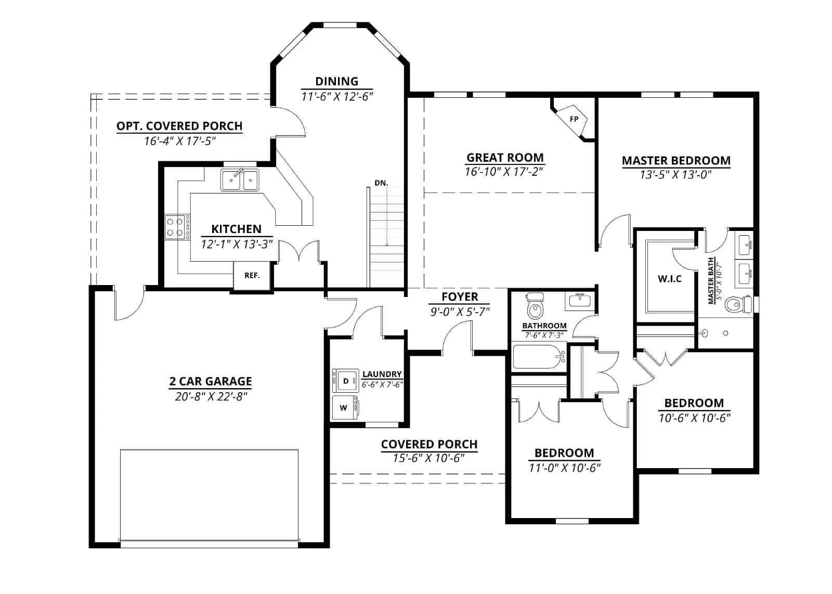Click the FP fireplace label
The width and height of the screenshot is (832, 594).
pyautogui.click(x=574, y=119)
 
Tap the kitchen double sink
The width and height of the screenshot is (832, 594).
pyautogui.click(x=240, y=180)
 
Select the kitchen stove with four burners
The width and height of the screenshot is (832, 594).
pyautogui.click(x=177, y=227)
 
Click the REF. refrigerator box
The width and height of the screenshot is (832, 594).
pyautogui.click(x=252, y=276)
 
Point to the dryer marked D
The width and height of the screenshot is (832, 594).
pyautogui.click(x=345, y=381)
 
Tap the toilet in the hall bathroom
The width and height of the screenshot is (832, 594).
pyautogui.click(x=535, y=306)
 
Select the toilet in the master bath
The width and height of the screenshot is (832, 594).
pyautogui.click(x=738, y=304)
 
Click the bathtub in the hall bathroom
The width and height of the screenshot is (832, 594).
pyautogui.click(x=539, y=357)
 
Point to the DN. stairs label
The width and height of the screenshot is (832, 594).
pyautogui.click(x=381, y=183)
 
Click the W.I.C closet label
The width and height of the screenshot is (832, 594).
pyautogui.click(x=670, y=279)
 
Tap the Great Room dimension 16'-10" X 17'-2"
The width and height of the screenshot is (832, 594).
pyautogui.click(x=504, y=172)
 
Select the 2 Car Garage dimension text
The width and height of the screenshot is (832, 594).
pyautogui.click(x=211, y=397)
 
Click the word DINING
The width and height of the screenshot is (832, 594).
pyautogui.click(x=337, y=81)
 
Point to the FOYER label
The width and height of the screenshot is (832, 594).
pyautogui.click(x=460, y=297)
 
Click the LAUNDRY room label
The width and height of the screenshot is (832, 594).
pyautogui.click(x=382, y=374)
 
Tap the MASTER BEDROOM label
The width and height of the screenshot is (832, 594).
pyautogui.click(x=676, y=161)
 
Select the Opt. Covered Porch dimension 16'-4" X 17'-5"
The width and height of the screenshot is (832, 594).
pyautogui.click(x=180, y=141)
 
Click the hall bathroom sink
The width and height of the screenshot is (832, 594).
pyautogui.click(x=580, y=301)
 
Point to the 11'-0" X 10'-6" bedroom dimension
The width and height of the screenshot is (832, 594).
pyautogui.click(x=565, y=468)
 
